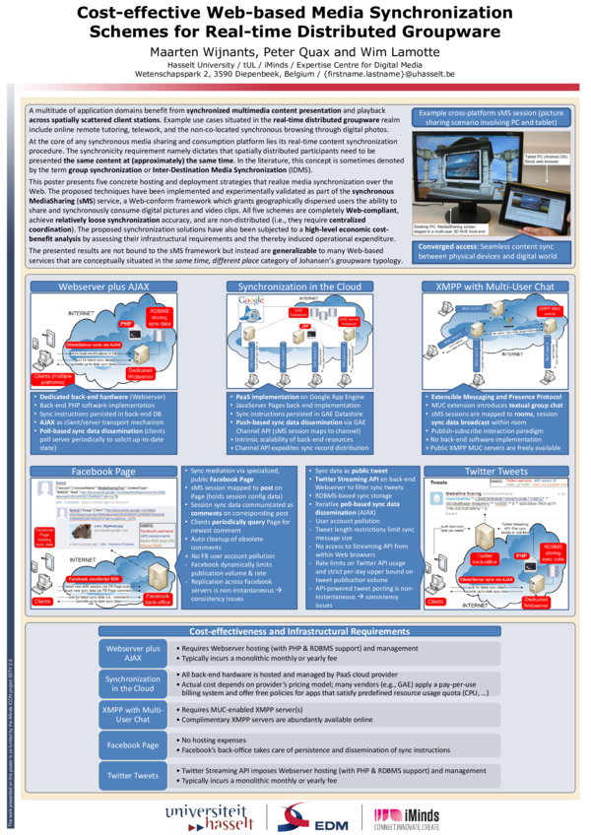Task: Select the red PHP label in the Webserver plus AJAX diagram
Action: click(127, 323)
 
